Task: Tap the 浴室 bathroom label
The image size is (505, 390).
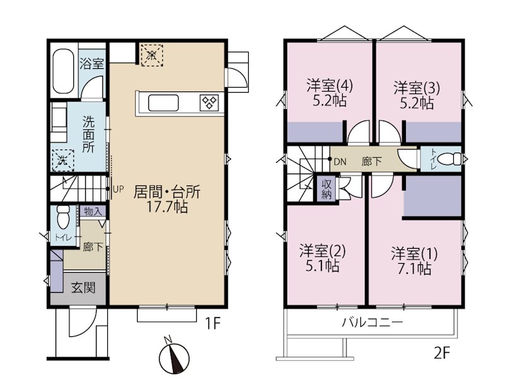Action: pos(92,63)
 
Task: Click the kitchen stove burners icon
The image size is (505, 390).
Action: pos(209,102)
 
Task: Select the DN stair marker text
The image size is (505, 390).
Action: pos(340,160)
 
